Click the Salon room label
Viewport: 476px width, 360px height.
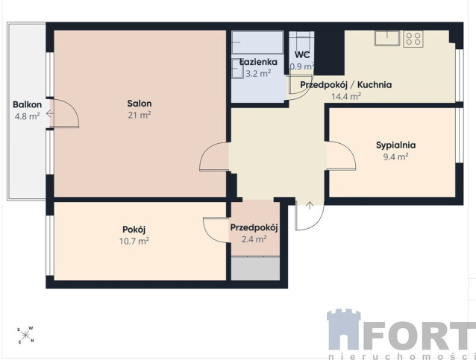point(140,104)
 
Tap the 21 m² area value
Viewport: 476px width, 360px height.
point(140,116)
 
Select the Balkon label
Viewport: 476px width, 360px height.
point(27,104)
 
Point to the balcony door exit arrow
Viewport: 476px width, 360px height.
point(50,114)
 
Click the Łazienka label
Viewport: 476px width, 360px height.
point(258,62)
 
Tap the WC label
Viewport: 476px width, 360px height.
point(302,54)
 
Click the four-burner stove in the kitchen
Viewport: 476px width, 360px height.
point(413,39)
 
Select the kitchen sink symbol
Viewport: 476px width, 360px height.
point(387,38)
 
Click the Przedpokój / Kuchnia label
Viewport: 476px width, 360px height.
point(345,85)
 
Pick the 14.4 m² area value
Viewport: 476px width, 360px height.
point(345,96)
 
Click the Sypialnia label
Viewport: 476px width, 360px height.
point(395,145)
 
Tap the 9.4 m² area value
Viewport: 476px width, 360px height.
point(395,157)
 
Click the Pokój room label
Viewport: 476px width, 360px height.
point(134,230)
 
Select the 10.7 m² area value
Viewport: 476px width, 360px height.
point(134,241)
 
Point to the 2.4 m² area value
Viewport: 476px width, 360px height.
point(254,239)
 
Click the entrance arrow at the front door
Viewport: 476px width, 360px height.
point(310,205)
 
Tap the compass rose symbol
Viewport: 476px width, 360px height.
point(25,335)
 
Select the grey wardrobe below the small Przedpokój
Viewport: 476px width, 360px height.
point(255,268)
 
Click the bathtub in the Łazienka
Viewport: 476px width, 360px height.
point(257,42)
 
